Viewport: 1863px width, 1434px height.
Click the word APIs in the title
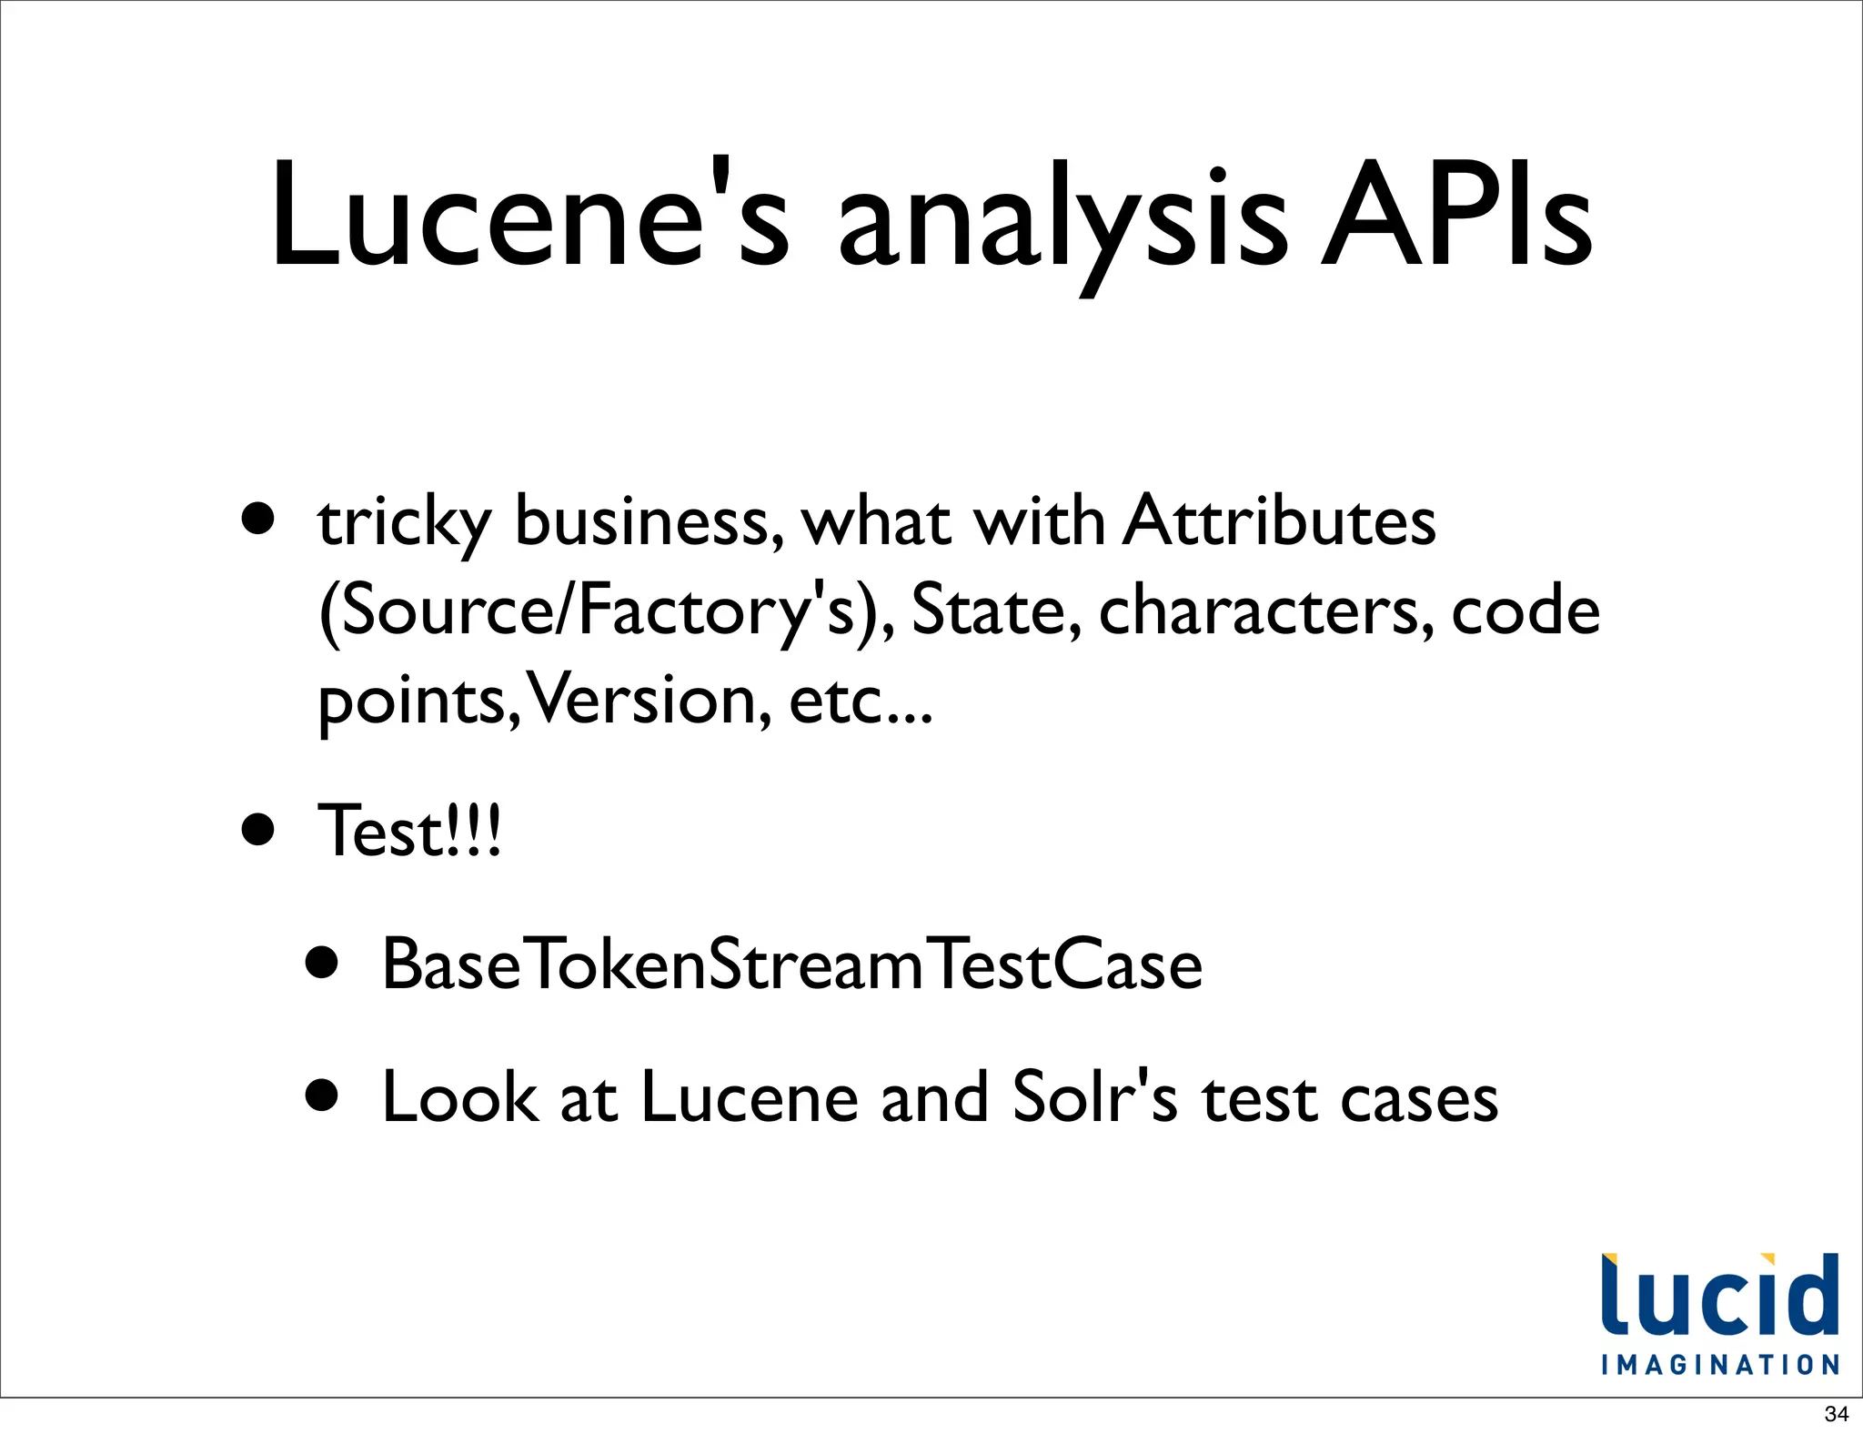(x=1455, y=218)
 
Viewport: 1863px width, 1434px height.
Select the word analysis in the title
(x=1062, y=223)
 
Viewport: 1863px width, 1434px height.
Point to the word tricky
(x=404, y=524)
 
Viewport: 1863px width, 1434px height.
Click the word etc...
(x=861, y=701)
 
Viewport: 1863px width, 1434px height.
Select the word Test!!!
(x=408, y=831)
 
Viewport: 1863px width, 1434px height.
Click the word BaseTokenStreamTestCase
(x=791, y=964)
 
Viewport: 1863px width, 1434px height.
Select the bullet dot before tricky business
(x=258, y=520)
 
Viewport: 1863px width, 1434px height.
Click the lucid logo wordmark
(x=1719, y=1296)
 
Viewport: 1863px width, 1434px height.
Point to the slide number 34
(x=1836, y=1414)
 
